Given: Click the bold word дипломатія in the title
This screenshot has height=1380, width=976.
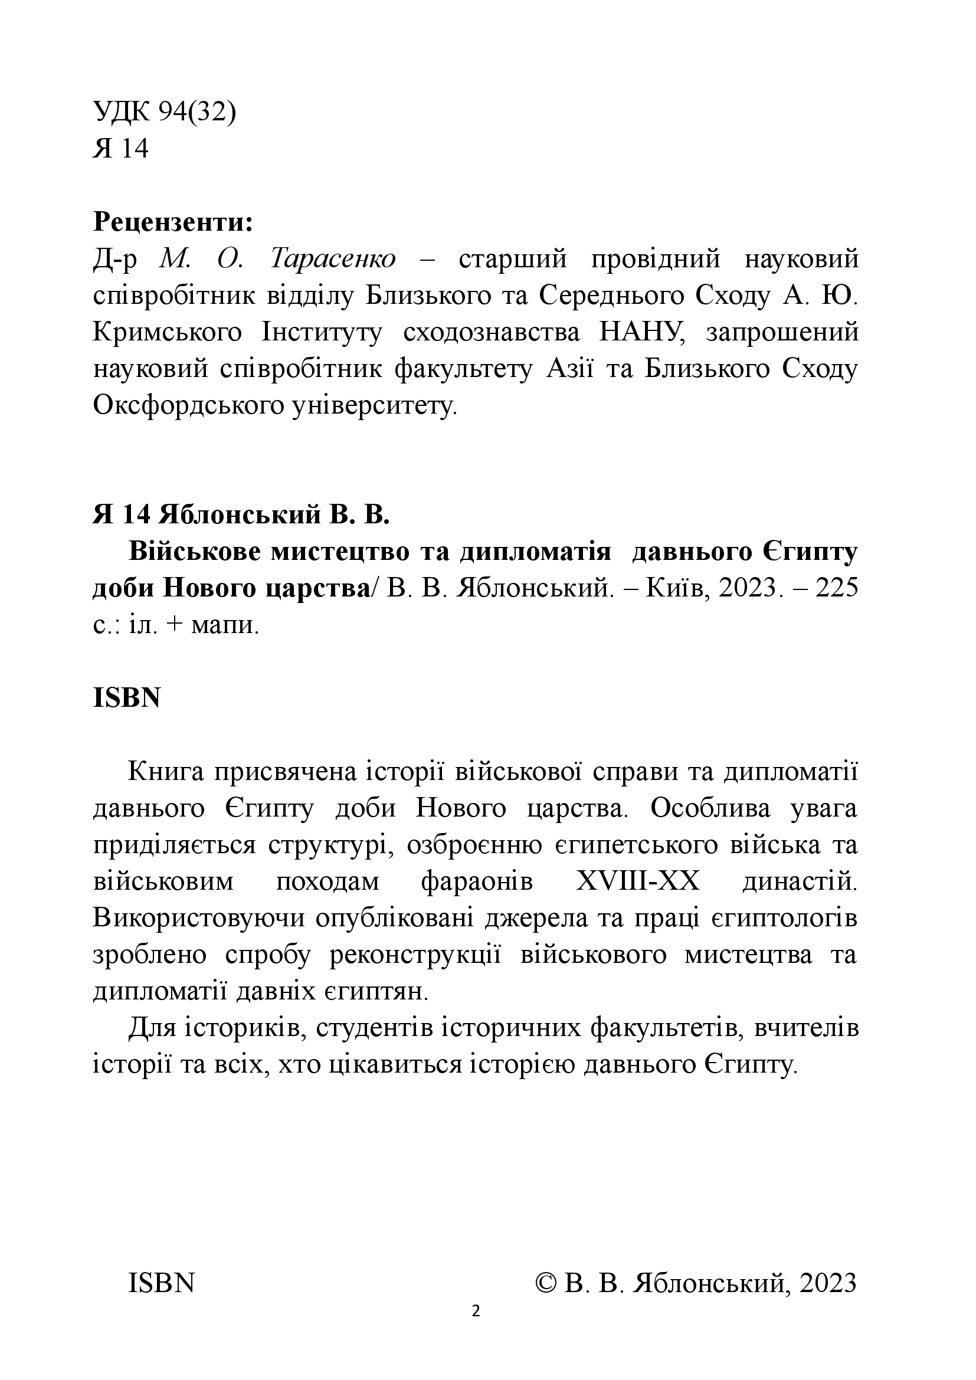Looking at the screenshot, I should (x=535, y=552).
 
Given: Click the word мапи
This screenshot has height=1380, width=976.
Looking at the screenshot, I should (x=224, y=625).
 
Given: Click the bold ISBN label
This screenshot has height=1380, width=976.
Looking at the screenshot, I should (x=127, y=698).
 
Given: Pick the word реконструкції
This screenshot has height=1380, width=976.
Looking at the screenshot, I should (x=416, y=955).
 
